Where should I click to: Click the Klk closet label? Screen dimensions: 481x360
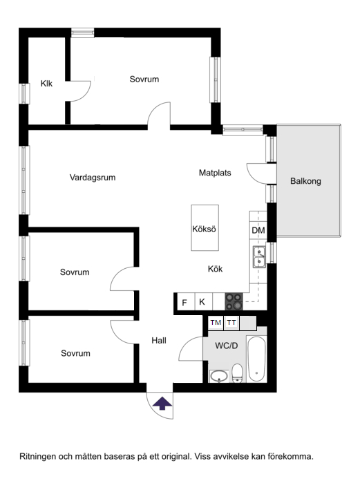(47, 84)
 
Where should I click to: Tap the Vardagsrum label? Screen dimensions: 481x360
(92, 178)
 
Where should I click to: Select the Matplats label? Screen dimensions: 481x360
(215, 173)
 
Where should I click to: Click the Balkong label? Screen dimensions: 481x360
(305, 182)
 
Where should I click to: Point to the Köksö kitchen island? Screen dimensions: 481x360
(205, 228)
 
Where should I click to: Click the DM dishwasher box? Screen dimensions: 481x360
(258, 230)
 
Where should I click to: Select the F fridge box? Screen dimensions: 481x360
(184, 302)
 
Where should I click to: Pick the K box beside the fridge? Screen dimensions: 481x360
(202, 302)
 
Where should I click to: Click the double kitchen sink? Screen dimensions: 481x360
(258, 256)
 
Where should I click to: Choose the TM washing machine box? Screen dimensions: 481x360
(215, 323)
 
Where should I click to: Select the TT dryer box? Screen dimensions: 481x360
(231, 323)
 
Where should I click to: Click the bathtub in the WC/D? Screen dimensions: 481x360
(256, 359)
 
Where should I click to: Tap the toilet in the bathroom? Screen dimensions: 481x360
(237, 373)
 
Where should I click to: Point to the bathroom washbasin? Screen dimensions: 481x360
(219, 376)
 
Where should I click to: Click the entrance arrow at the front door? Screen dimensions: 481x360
(162, 404)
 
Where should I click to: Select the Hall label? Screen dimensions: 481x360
(160, 340)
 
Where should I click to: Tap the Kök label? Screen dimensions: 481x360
(216, 270)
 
